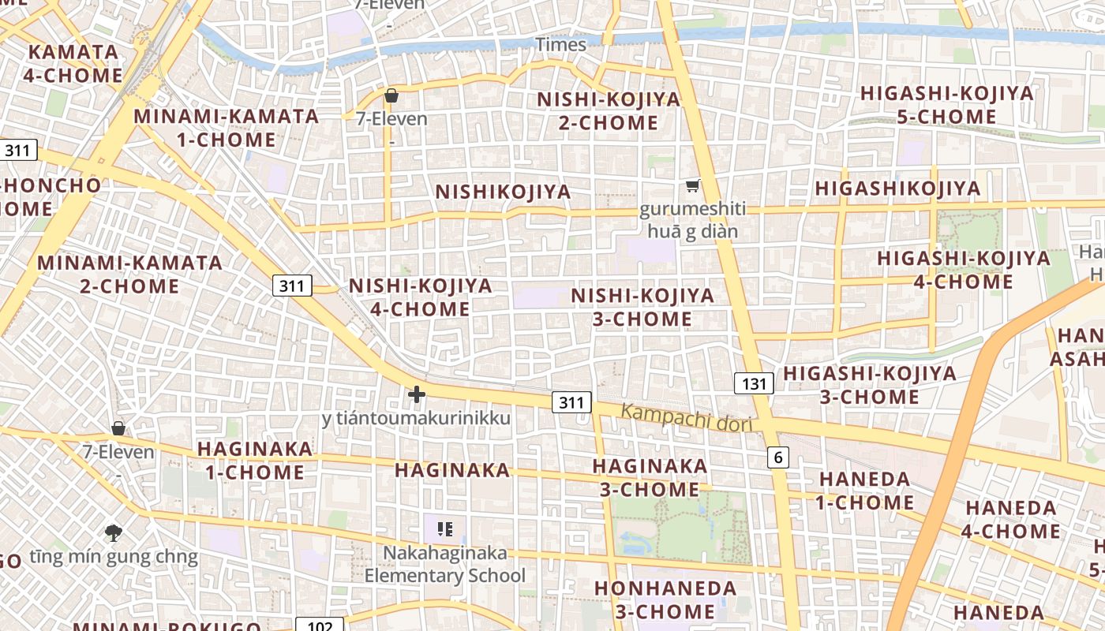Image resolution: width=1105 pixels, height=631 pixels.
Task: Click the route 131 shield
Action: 755,384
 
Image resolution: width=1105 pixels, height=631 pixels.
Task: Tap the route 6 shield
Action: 778,457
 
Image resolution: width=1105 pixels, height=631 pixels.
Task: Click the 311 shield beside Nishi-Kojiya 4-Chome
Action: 292,286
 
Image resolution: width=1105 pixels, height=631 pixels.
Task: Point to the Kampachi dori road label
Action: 686,417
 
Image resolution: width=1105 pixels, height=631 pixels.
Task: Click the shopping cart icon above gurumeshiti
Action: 692,186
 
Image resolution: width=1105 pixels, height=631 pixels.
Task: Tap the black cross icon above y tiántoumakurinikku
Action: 417,394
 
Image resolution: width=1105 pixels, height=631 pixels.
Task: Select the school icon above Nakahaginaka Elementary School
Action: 444,529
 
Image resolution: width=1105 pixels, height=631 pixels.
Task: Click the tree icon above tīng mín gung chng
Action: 114,532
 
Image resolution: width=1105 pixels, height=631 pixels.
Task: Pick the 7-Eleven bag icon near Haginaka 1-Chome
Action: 118,428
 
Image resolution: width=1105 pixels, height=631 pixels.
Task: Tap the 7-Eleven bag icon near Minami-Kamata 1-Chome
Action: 391,96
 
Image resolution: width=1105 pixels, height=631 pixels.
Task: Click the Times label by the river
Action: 560,45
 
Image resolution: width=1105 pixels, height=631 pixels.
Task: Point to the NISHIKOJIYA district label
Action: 503,192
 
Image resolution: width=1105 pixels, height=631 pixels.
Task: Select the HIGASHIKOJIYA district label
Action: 897,189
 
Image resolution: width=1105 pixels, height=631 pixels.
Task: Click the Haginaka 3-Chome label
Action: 650,478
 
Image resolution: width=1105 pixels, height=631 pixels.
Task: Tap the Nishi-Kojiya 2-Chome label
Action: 608,111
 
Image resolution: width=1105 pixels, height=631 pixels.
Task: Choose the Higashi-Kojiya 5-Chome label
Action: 946,105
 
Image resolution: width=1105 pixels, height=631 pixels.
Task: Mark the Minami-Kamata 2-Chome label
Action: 129,274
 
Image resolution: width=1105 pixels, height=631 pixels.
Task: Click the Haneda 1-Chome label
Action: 865,491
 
